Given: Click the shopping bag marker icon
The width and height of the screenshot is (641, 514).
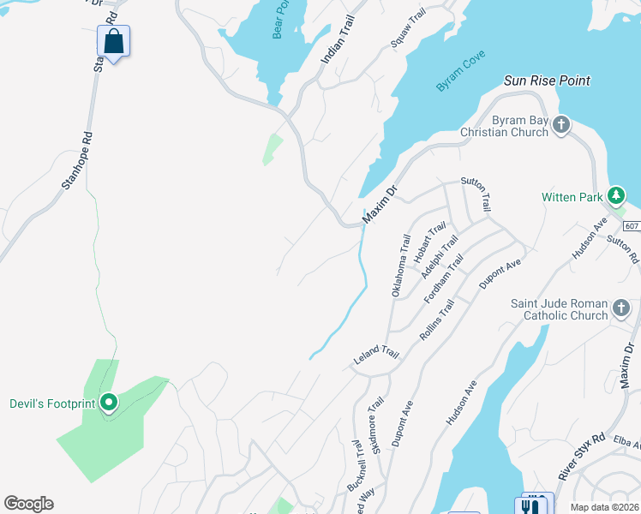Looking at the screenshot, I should click(114, 40).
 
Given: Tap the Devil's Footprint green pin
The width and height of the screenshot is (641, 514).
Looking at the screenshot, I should click(109, 401).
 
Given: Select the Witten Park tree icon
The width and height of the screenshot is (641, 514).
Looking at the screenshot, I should click(615, 196).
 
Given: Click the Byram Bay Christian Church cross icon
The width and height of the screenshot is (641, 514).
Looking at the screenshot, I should click(561, 125).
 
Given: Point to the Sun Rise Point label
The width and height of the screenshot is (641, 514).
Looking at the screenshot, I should click(548, 81).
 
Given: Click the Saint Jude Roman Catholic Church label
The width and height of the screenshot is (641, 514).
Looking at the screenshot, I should click(559, 310).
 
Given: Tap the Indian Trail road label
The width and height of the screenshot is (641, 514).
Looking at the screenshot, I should click(337, 43).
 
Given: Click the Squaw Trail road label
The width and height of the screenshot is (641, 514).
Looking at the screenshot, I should click(408, 28).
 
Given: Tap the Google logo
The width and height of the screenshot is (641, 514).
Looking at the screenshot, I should click(28, 504).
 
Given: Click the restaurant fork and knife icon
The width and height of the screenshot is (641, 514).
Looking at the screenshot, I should click(534, 504).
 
